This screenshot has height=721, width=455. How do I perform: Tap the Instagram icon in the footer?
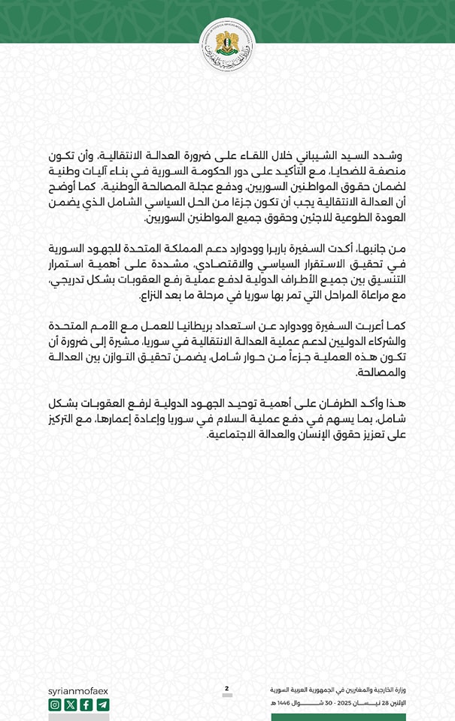click(55, 704)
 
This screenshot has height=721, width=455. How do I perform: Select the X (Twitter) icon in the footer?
click(71, 704)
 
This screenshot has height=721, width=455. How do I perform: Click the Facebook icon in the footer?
click(86, 704)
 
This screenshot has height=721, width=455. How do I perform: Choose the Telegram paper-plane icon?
click(103, 704)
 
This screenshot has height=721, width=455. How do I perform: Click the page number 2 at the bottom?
click(226, 688)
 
